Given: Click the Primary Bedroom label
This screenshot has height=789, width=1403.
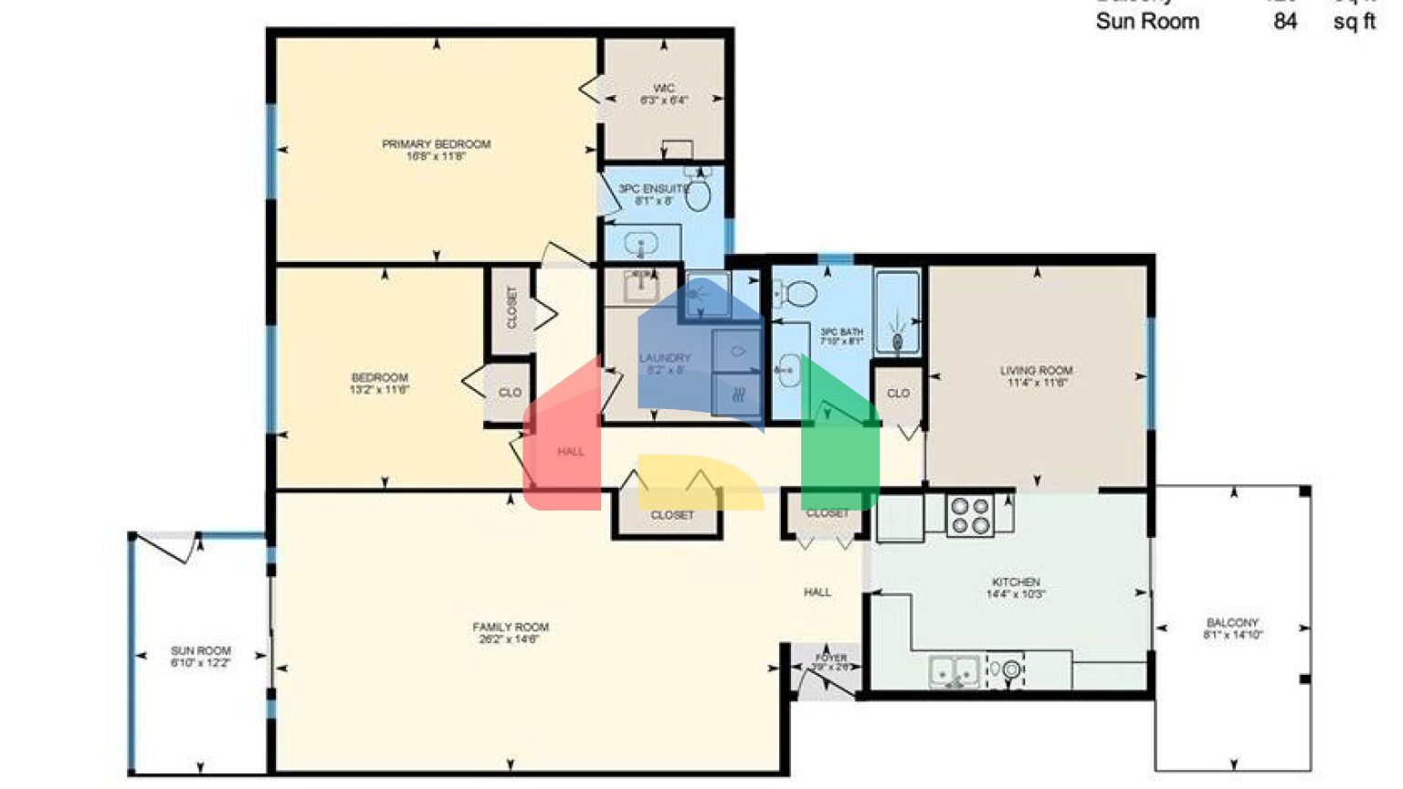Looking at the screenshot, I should point(436,144).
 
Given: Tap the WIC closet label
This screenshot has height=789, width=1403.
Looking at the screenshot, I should point(664,89).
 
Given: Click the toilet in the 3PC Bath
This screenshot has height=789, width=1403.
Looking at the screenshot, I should point(800,294).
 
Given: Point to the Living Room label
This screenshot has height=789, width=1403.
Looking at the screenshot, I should point(1036,371).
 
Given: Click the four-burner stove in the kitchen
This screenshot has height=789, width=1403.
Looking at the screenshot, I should point(969,515).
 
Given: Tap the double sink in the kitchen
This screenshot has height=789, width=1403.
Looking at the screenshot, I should point(954,671).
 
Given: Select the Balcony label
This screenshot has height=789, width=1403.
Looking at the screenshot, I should point(1232,623).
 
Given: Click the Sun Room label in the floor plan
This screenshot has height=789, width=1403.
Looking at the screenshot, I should point(201,651).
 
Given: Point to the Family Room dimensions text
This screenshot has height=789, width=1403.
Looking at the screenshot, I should point(510,639).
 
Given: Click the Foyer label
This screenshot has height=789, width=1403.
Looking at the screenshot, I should point(830,657).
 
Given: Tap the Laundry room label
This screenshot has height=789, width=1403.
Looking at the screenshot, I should point(665,358).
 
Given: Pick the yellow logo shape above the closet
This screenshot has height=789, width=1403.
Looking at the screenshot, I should point(699,480).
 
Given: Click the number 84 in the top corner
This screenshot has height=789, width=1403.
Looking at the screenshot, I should point(1285,21).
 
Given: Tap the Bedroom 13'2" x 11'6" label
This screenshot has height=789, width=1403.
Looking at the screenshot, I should point(379,384).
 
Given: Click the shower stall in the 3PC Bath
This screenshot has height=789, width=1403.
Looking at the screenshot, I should point(897,312).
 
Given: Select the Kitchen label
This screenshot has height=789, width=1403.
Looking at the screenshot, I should point(1016,582).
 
